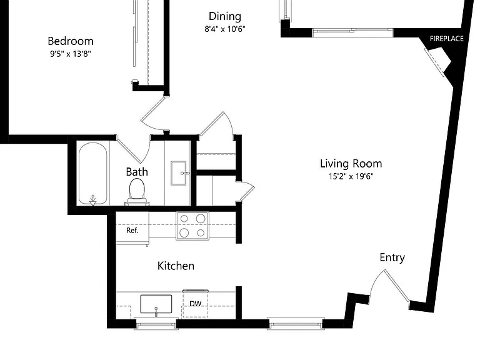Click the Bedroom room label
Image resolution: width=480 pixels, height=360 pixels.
[71, 41]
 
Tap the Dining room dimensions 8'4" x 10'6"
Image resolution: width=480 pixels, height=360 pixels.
[225, 29]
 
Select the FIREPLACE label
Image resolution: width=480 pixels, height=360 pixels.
[447, 39]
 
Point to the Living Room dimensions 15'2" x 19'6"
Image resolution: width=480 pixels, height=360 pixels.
[351, 176]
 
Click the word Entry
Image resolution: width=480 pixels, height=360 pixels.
[392, 257]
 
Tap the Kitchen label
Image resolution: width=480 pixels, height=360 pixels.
[176, 266]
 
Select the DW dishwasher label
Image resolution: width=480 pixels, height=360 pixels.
[195, 304]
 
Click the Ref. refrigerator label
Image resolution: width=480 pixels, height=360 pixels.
[132, 230]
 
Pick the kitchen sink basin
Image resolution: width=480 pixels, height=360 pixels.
[156, 304]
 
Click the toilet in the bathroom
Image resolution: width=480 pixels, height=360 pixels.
[137, 192]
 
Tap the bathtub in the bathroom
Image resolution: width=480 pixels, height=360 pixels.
[92, 174]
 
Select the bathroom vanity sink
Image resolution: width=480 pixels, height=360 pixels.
[179, 173]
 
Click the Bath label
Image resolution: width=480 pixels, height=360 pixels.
[137, 172]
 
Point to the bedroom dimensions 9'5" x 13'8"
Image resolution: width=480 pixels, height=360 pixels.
[71, 54]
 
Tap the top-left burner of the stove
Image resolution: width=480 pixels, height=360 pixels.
[184, 219]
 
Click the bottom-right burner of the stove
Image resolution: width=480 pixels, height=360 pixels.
[201, 233]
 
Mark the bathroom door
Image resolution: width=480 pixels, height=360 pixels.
[129, 151]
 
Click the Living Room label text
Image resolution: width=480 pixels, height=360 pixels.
[351, 164]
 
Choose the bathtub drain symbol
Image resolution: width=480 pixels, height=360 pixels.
[92, 200]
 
